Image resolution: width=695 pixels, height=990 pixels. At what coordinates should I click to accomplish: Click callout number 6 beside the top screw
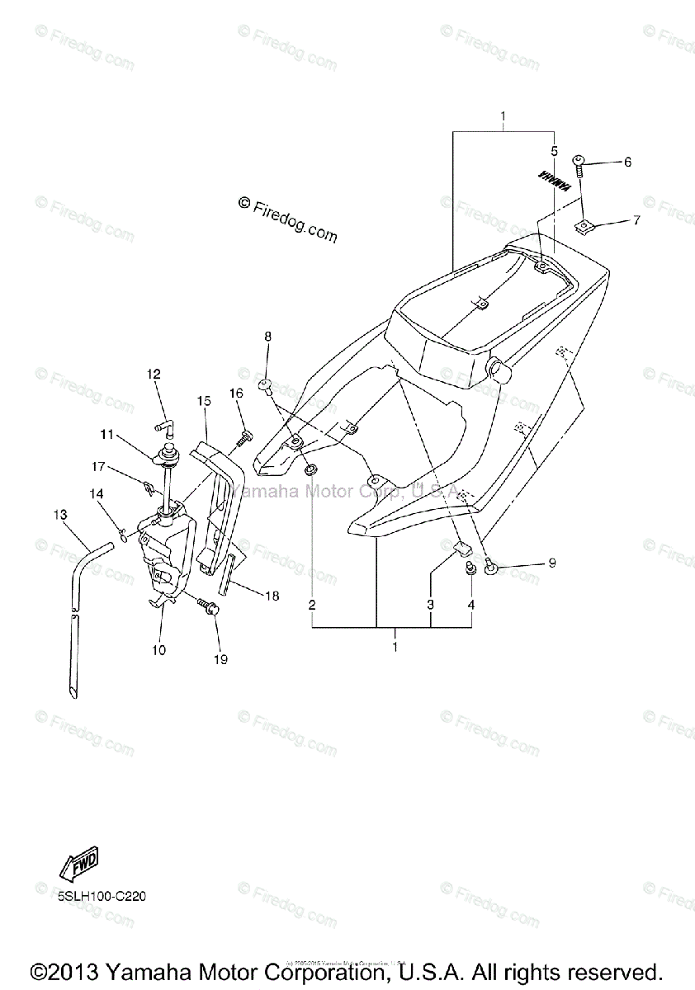pyautogui.click(x=627, y=163)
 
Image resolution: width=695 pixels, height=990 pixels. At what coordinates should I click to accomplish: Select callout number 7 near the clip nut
pyautogui.click(x=636, y=220)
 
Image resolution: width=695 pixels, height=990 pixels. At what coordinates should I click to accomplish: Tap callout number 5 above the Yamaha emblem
pyautogui.click(x=555, y=151)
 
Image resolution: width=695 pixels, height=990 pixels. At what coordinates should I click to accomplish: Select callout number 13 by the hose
pyautogui.click(x=59, y=515)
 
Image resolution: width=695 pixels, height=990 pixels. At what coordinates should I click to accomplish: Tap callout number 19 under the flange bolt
pyautogui.click(x=220, y=659)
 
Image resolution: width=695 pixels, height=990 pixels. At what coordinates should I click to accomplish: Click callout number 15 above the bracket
pyautogui.click(x=204, y=401)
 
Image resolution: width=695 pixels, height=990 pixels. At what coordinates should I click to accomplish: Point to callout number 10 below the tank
pyautogui.click(x=158, y=650)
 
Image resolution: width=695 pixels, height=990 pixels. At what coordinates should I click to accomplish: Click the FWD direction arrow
pyautogui.click(x=79, y=865)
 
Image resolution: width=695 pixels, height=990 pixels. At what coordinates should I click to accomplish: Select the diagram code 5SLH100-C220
pyautogui.click(x=102, y=897)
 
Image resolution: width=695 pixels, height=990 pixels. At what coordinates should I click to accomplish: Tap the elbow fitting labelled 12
pyautogui.click(x=164, y=427)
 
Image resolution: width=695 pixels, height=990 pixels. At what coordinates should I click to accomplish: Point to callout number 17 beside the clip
pyautogui.click(x=98, y=467)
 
